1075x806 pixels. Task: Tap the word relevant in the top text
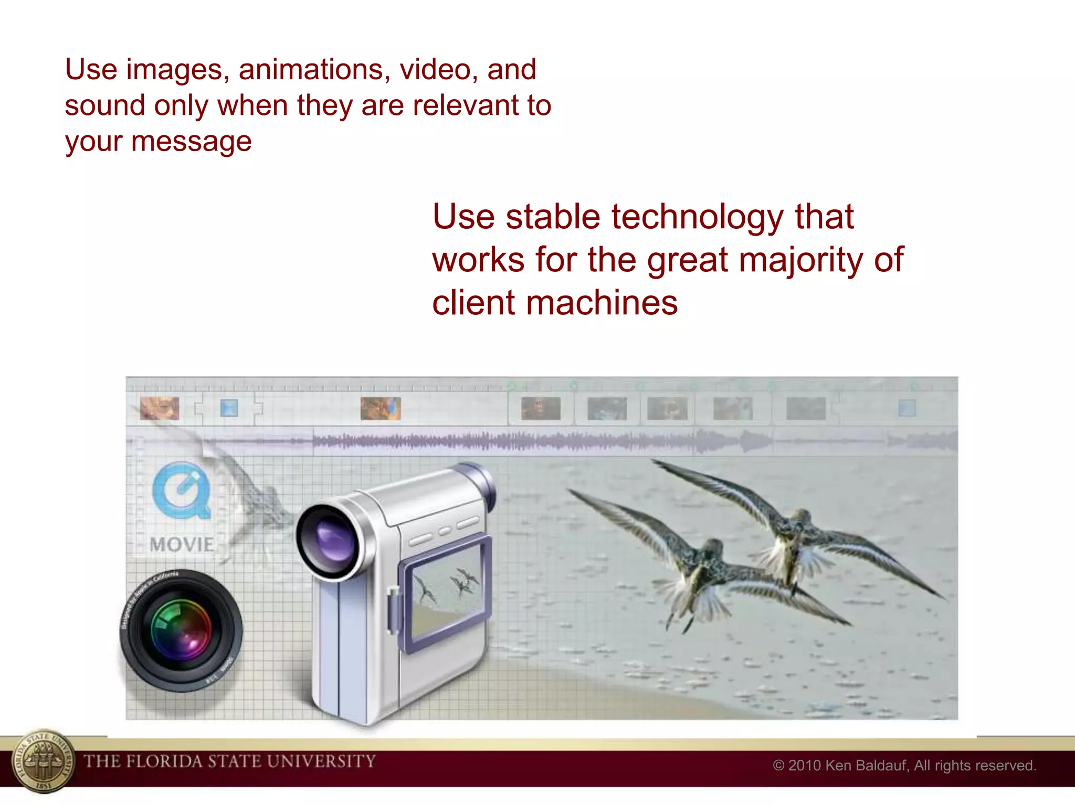467,105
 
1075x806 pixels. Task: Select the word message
191,142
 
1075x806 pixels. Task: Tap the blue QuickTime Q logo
182,490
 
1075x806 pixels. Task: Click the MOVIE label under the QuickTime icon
182,545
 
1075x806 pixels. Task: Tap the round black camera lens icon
181,630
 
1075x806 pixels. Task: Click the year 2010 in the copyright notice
804,766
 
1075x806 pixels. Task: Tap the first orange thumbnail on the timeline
160,408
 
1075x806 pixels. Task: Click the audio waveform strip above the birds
525,441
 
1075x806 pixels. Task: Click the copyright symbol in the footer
778,766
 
